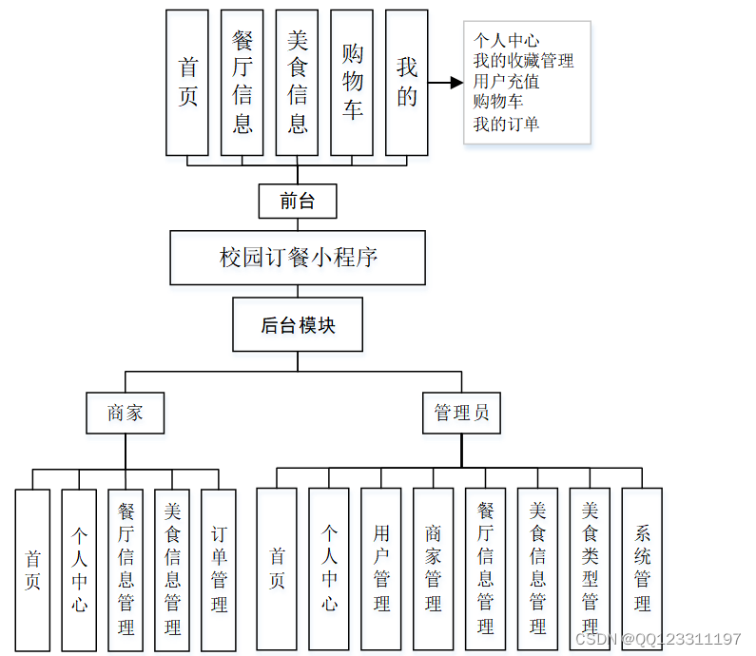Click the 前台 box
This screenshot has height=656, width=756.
pyautogui.click(x=297, y=202)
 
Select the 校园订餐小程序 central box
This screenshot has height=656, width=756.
pyautogui.click(x=298, y=258)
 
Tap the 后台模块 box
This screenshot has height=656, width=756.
pyautogui.click(x=298, y=325)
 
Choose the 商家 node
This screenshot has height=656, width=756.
pyautogui.click(x=126, y=413)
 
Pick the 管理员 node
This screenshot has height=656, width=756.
pyautogui.click(x=461, y=413)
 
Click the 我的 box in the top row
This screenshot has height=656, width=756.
pyautogui.click(x=407, y=82)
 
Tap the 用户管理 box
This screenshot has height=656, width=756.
pyautogui.click(x=381, y=569)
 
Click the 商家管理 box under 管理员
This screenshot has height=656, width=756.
pyautogui.click(x=434, y=569)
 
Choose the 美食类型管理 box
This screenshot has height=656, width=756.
pyautogui.click(x=591, y=569)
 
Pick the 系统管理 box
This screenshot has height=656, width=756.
pyautogui.click(x=642, y=569)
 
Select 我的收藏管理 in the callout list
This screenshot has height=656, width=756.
pyautogui.click(x=523, y=61)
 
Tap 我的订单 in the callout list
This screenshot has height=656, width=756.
pyautogui.click(x=506, y=124)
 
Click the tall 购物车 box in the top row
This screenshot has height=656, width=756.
pyautogui.click(x=352, y=82)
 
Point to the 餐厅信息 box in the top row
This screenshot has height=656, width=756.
pyautogui.click(x=242, y=82)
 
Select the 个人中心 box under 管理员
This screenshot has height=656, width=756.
pyautogui.click(x=329, y=569)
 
